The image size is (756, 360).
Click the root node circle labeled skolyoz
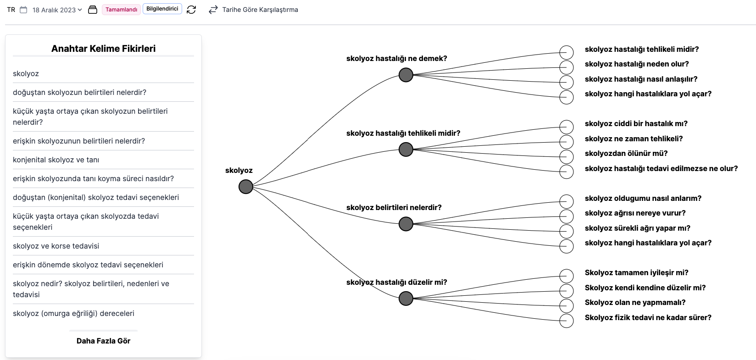point(246,187)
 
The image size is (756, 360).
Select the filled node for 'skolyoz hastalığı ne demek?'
point(406,75)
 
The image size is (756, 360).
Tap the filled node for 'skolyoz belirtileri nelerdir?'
point(406,224)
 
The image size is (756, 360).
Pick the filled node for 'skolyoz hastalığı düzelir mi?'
point(406,299)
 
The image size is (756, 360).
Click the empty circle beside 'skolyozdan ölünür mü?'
point(567,157)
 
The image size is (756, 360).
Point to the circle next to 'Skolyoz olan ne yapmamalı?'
point(567,306)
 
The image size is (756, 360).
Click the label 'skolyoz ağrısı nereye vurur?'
point(635,213)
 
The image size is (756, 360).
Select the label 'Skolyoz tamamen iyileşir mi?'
point(637,272)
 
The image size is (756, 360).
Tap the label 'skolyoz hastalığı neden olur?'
point(637,64)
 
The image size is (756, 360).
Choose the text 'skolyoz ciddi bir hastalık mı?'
point(636,123)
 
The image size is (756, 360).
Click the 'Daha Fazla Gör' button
point(103,341)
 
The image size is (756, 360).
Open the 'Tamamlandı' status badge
point(121,10)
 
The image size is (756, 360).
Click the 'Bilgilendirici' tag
point(162,9)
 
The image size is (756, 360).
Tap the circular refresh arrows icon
point(191,10)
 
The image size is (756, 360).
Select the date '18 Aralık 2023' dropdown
point(57,10)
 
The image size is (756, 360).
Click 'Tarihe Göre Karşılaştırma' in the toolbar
point(260,10)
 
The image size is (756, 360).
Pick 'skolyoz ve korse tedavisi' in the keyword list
point(56,246)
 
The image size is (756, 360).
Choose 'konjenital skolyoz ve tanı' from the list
point(56,160)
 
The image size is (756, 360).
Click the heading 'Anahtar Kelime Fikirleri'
point(103,49)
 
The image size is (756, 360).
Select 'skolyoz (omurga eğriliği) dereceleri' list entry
point(73,313)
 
